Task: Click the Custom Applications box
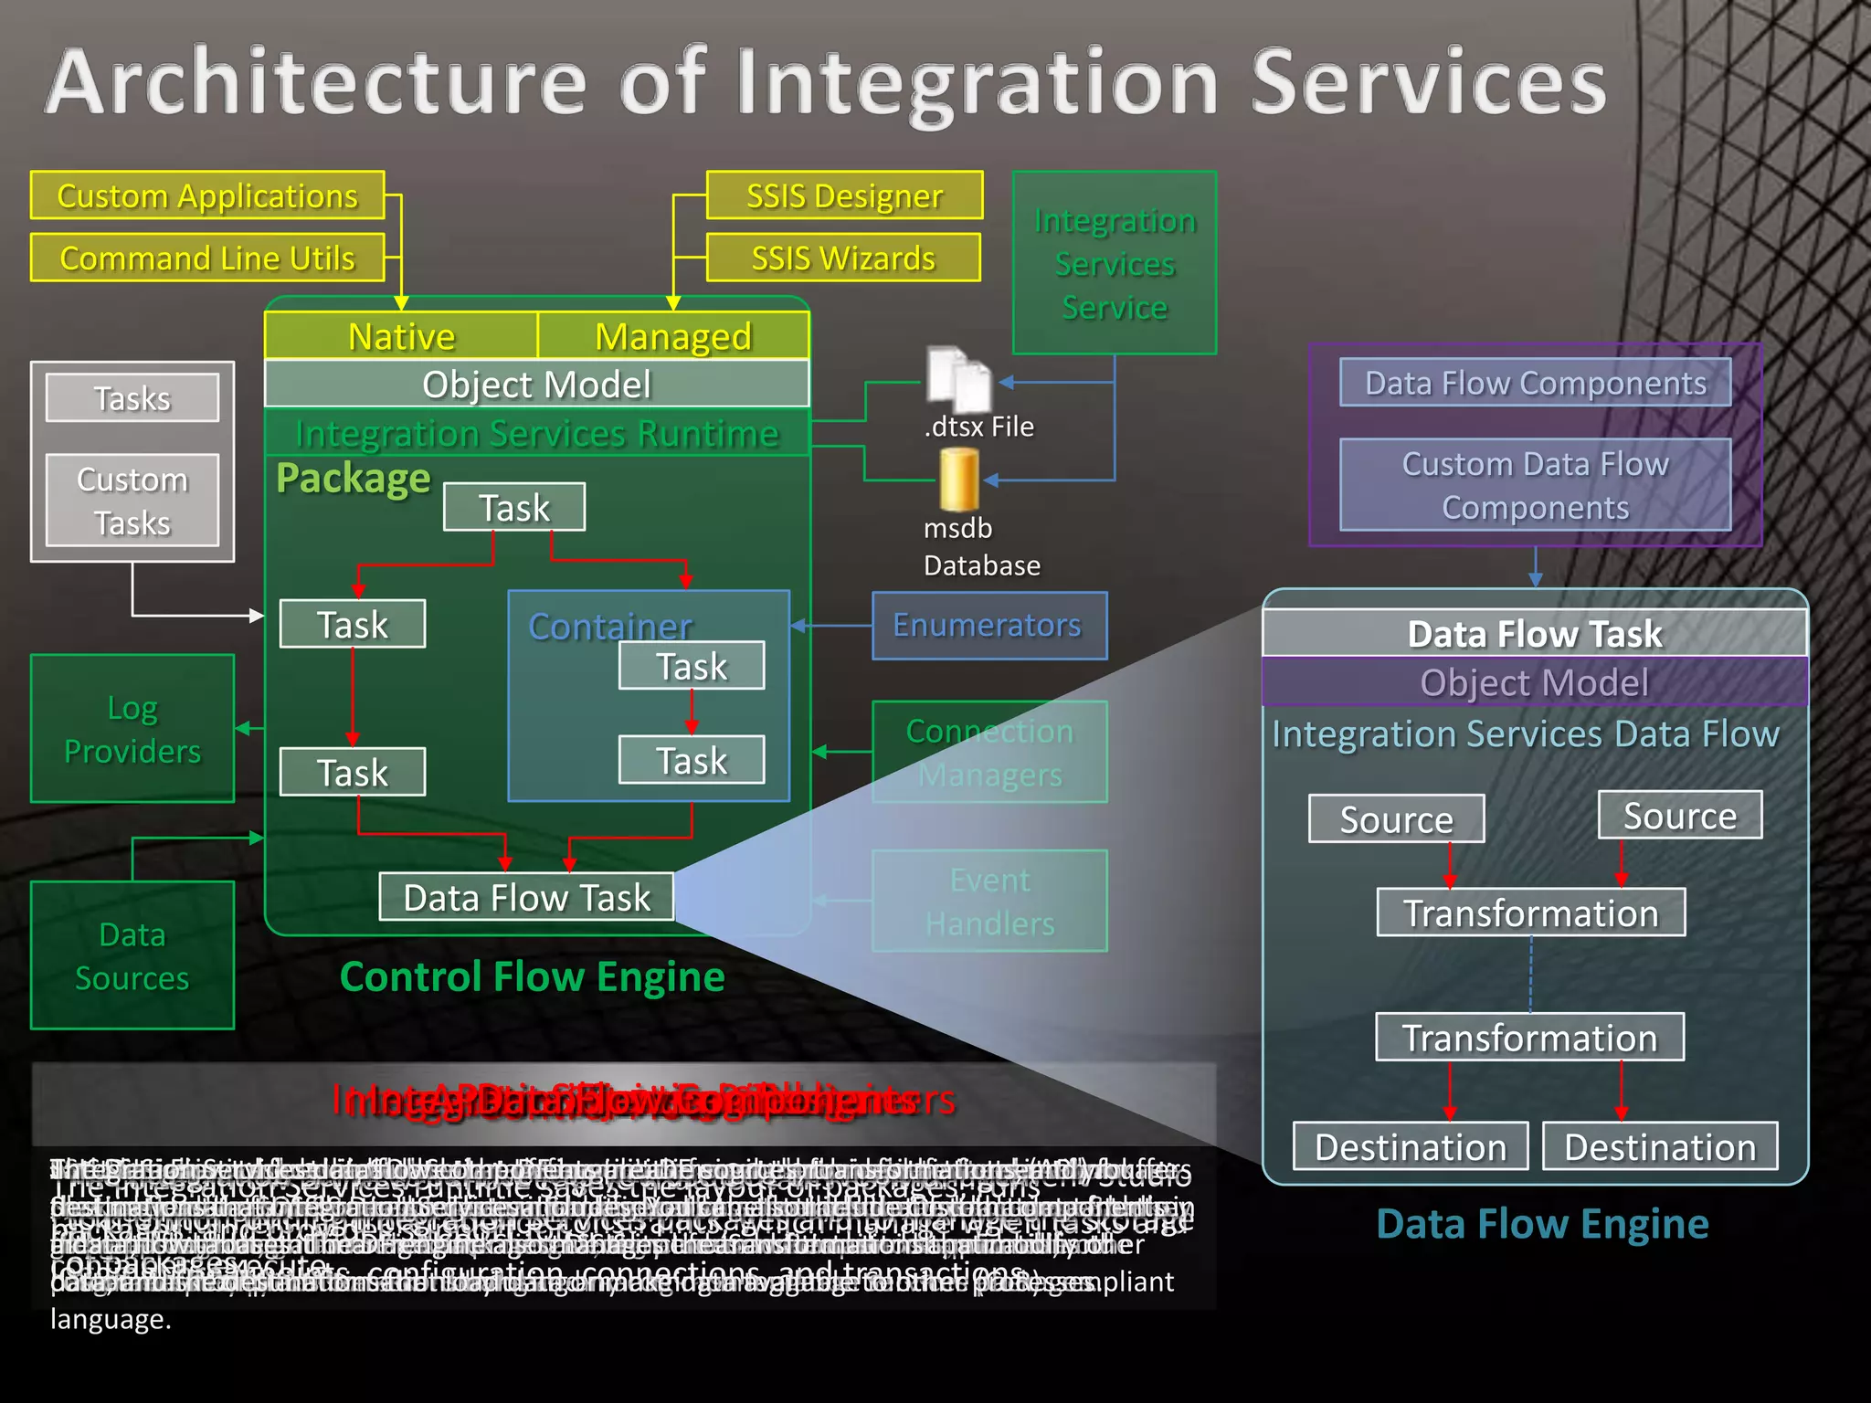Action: point(207,195)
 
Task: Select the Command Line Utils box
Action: point(207,258)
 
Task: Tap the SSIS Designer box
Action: point(844,195)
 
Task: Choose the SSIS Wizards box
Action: point(842,258)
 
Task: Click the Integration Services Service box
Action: point(1114,263)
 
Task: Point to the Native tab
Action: point(401,336)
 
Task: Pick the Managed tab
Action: point(673,336)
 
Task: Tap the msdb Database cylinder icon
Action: point(958,480)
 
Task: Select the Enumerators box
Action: point(988,626)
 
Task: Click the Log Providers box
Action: point(132,729)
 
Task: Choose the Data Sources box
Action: point(132,955)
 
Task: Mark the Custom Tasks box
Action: point(132,501)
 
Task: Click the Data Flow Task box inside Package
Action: point(526,897)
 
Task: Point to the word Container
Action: point(610,627)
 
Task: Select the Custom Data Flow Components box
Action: point(1535,485)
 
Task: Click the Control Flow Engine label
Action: point(532,976)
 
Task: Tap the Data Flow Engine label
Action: point(1541,1224)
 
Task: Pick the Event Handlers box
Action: point(989,902)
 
